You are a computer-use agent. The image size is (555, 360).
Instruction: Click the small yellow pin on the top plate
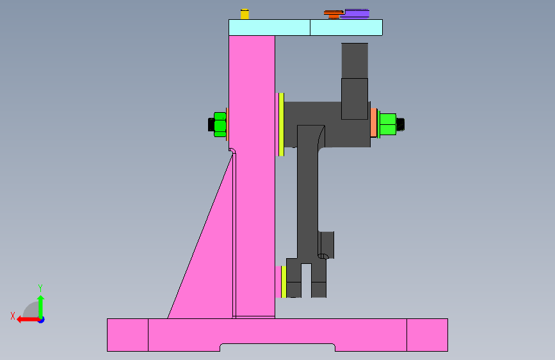tap(244, 14)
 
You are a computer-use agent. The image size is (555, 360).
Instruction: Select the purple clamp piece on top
tap(355, 13)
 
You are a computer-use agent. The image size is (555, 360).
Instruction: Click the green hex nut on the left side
tap(220, 124)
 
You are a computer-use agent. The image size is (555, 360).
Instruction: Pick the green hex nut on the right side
tap(387, 124)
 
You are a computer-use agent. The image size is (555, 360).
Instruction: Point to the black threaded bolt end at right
tap(401, 124)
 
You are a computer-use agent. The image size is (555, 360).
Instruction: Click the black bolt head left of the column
tap(211, 124)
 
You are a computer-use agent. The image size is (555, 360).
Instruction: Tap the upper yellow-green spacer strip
tap(281, 124)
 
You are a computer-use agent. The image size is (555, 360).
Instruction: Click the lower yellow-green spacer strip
tap(283, 282)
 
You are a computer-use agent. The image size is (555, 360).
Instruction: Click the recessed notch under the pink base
tap(277, 347)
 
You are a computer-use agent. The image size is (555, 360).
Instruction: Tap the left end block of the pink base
tap(127, 334)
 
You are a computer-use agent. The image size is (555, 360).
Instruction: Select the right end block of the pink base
tap(427, 334)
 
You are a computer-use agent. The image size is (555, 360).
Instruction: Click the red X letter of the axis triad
tap(13, 316)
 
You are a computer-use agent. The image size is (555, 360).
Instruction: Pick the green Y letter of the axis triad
tap(40, 288)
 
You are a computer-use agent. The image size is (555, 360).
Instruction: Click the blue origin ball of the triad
tap(40, 319)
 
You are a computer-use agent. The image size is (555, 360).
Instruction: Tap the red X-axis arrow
tap(26, 319)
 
